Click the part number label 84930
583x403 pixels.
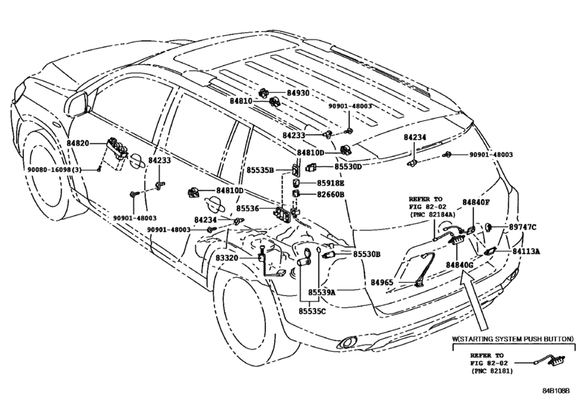(298, 93)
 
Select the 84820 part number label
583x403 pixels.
(78, 143)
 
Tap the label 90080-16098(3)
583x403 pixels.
(55, 169)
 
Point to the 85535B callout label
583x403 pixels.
(260, 170)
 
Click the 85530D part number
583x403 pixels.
(348, 166)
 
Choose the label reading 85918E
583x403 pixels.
(331, 183)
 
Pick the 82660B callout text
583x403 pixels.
(331, 194)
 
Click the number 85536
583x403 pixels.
(247, 209)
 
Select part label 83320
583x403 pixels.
(228, 258)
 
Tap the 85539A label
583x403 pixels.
(321, 292)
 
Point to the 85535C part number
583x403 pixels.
(312, 310)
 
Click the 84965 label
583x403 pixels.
(382, 282)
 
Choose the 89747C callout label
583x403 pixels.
(523, 227)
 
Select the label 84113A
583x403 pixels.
(526, 252)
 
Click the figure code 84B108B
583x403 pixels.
(556, 391)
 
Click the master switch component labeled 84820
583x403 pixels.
(116, 148)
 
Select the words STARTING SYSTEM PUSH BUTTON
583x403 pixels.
(515, 339)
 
